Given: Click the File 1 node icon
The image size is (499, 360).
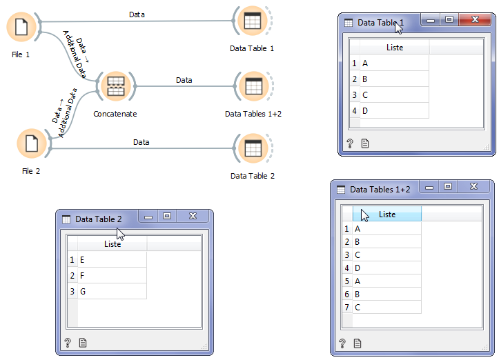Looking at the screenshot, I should tap(21, 28).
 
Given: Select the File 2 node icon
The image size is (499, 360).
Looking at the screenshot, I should tap(31, 143).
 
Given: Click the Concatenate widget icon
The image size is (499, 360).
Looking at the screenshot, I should tap(115, 86).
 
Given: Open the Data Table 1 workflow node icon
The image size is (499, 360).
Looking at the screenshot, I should tap(252, 21).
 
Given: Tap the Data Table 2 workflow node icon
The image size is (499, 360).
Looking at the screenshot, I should tap(253, 148).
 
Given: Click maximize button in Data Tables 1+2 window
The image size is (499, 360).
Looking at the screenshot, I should tap(448, 187).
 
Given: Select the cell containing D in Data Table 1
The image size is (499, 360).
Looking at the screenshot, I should tap(393, 111).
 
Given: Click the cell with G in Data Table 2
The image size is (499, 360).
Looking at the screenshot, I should tap(112, 292).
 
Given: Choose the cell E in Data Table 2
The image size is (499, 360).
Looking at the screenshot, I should tap(112, 260).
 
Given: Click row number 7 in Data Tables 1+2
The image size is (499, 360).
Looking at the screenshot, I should tap(346, 307).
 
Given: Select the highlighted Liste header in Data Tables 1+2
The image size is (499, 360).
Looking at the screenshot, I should tap(387, 214).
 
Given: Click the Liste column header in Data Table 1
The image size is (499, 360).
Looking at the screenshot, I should tap(394, 48).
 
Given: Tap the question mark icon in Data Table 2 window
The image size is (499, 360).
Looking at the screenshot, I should tap(68, 342).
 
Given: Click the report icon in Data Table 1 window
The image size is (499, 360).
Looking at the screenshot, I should tap(366, 143).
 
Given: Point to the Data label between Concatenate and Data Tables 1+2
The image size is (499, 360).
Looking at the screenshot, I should tap(184, 80).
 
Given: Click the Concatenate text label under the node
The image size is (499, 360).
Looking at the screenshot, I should tap(115, 113).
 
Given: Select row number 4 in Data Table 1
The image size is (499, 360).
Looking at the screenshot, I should tap(354, 111).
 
